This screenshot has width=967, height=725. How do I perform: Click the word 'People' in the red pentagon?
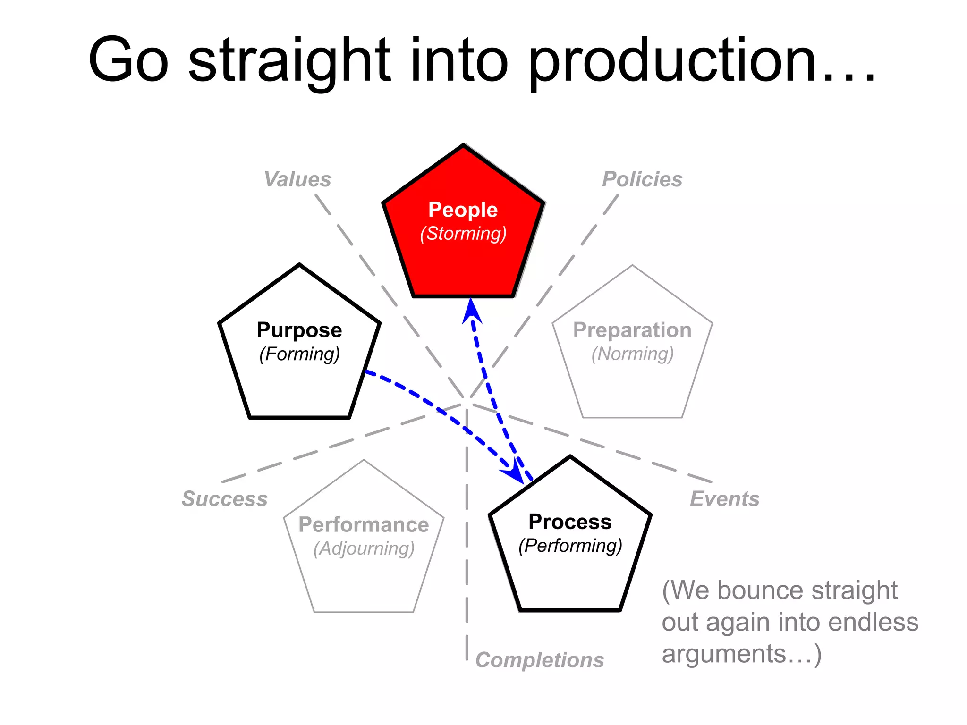click(463, 210)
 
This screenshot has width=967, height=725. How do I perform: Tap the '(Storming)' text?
click(463, 234)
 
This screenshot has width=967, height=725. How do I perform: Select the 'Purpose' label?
click(299, 330)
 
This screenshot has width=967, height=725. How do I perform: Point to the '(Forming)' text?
click(299, 354)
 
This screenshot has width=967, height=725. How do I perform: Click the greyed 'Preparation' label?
click(632, 330)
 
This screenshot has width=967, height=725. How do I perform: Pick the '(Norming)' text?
click(632, 354)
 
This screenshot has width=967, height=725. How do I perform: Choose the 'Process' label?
click(570, 522)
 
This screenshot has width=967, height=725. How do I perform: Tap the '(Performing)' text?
click(570, 546)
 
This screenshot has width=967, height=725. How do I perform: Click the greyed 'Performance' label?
click(364, 525)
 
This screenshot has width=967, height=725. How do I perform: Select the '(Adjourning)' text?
click(364, 549)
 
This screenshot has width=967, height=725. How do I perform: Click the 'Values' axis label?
click(297, 179)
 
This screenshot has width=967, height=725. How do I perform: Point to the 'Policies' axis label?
click(642, 179)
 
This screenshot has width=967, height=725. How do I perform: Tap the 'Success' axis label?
click(225, 499)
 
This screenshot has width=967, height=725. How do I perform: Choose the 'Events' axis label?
click(725, 499)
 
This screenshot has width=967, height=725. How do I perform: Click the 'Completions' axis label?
click(540, 660)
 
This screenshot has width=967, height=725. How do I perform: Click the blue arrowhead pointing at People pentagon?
click(471, 312)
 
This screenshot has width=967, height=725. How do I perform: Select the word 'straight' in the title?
click(289, 61)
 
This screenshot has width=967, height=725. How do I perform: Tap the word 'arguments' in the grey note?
click(723, 654)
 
